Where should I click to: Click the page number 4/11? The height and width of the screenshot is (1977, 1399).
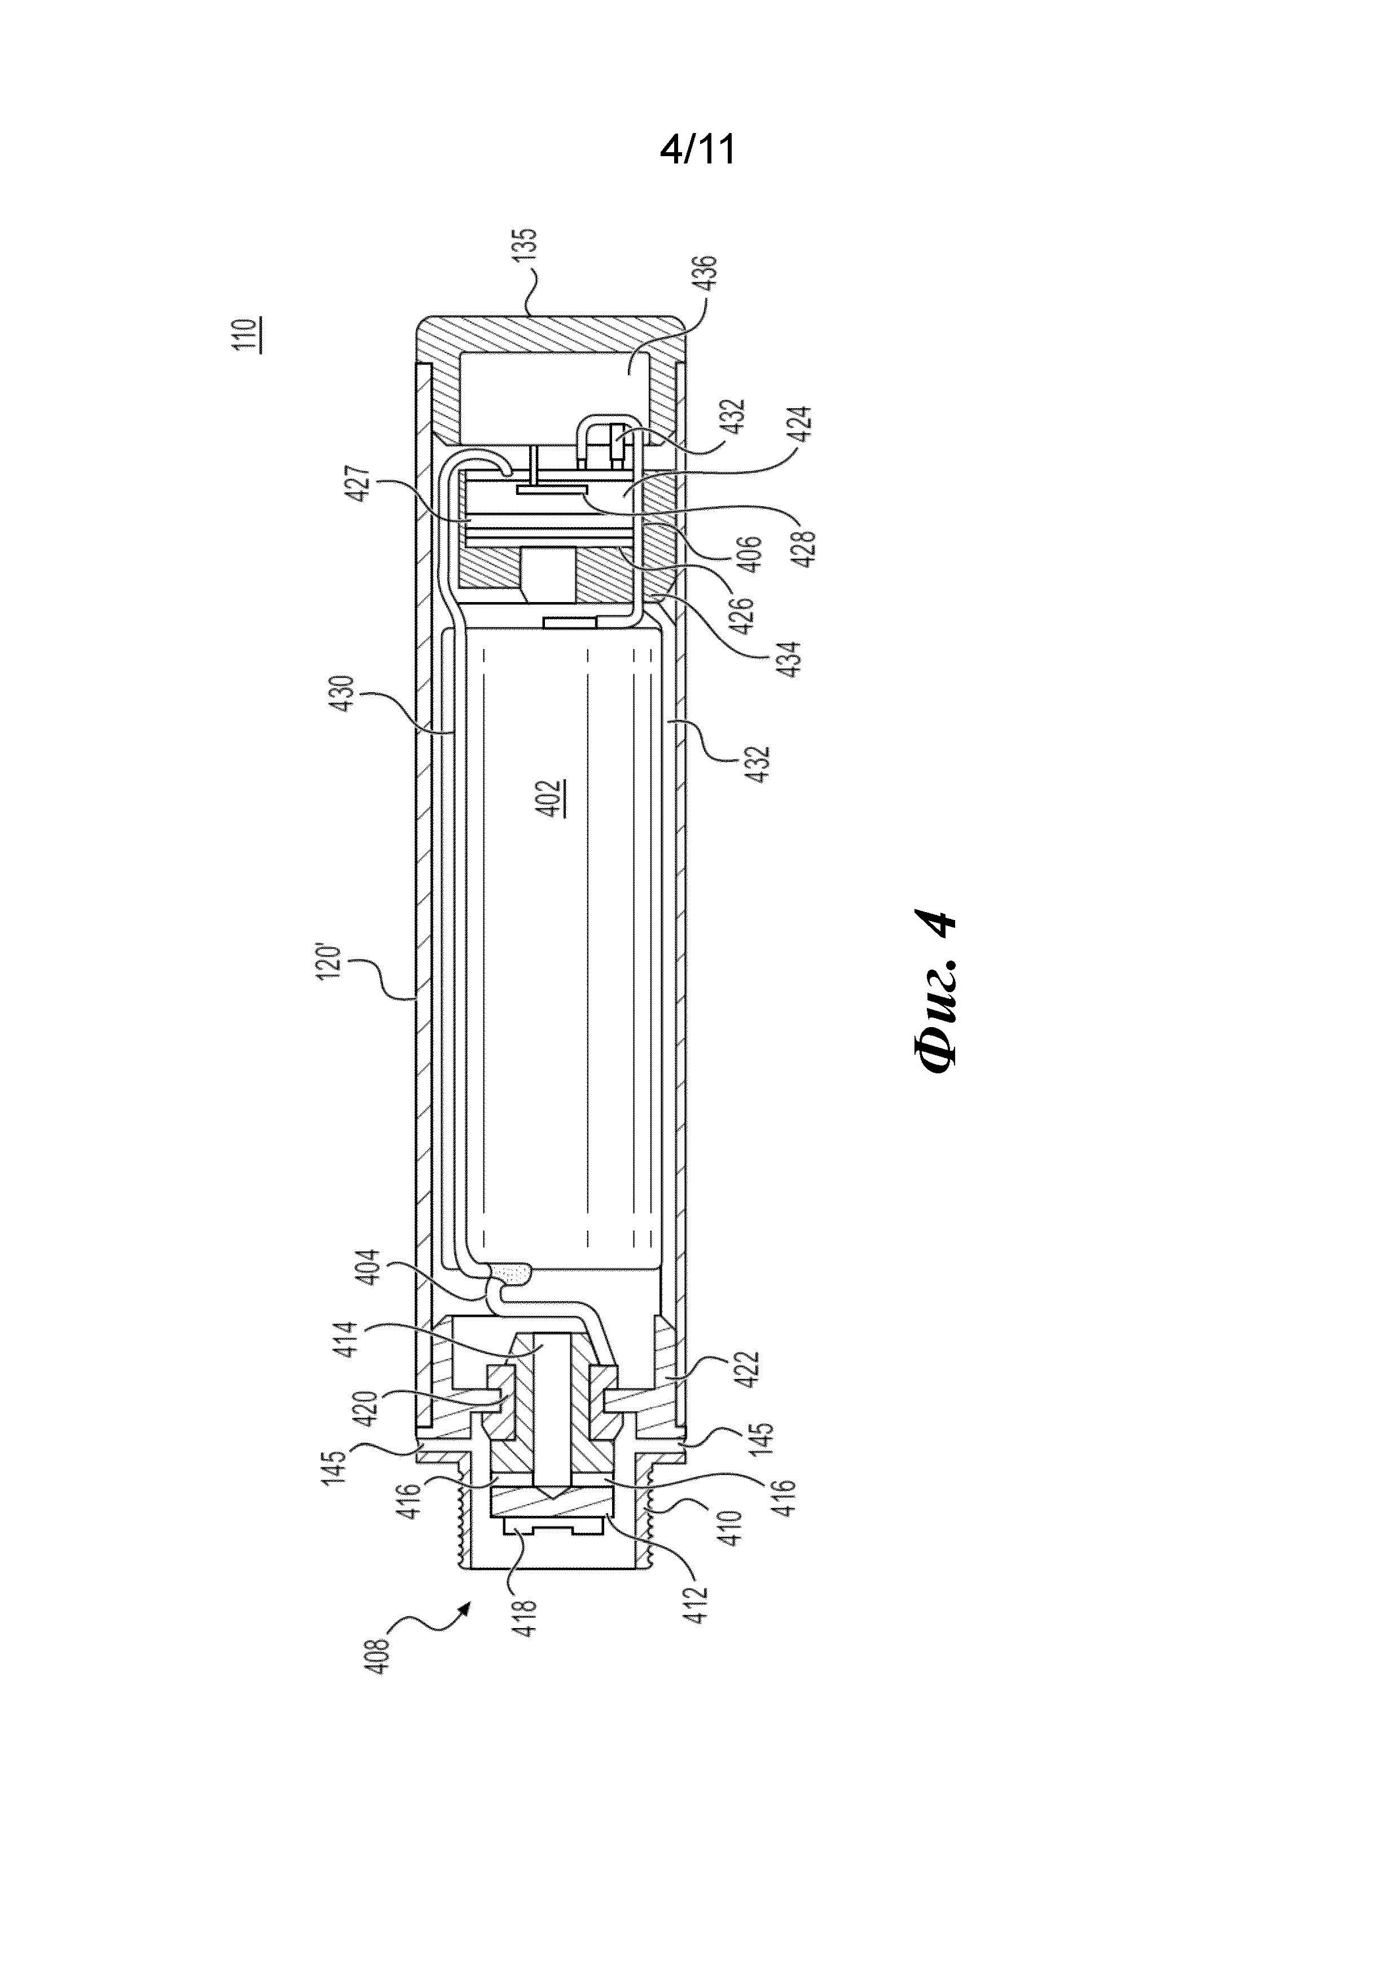tap(698, 151)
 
